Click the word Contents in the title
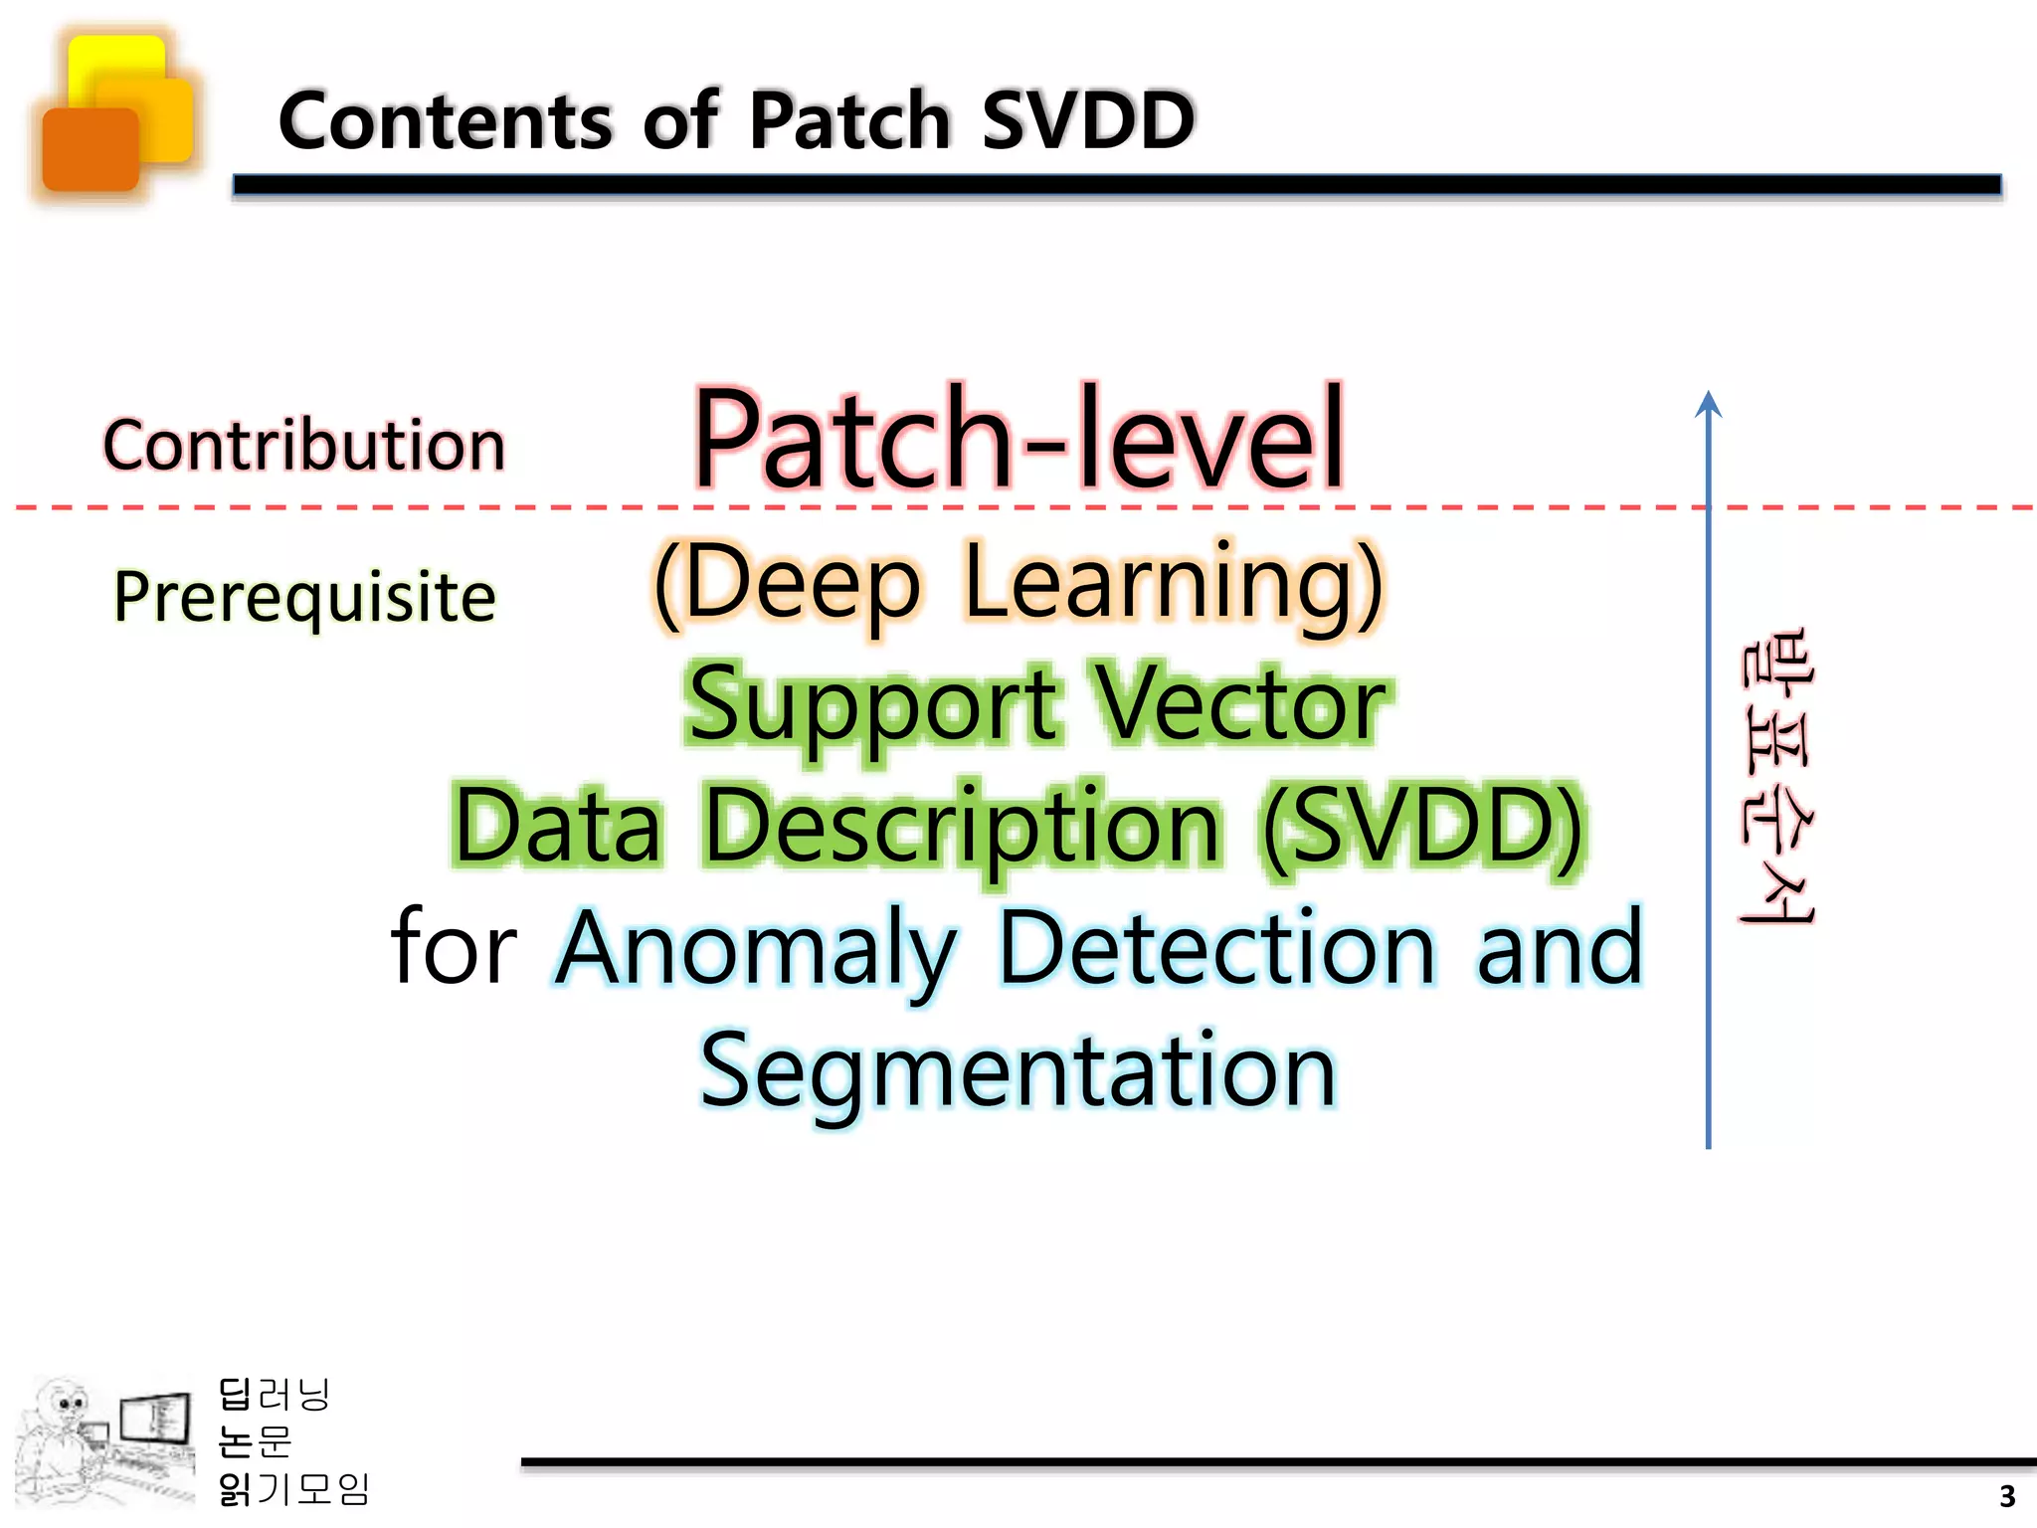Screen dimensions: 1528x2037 (445, 121)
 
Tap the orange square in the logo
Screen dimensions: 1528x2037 (90, 149)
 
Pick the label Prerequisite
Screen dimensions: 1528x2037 (304, 597)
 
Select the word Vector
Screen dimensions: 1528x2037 (1240, 706)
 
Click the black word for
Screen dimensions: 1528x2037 (454, 948)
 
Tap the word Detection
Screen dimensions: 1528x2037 (1215, 948)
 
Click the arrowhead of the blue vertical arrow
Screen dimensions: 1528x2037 (1708, 403)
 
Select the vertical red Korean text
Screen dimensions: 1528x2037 (1776, 776)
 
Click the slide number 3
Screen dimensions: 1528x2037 (2007, 1496)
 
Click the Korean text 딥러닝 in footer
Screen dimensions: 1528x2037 (274, 1395)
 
